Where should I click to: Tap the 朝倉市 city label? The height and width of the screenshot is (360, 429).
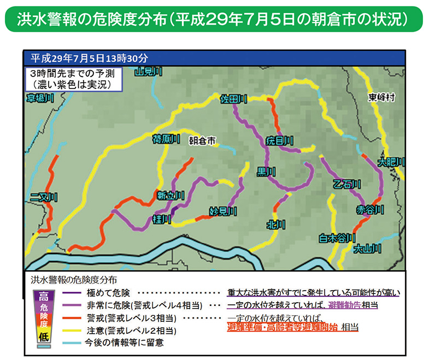(202, 140)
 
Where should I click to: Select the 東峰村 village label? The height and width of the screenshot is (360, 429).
(381, 98)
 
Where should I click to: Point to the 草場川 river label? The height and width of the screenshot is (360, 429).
(40, 98)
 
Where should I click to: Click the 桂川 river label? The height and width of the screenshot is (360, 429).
(162, 219)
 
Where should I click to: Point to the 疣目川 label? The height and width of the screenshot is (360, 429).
(279, 141)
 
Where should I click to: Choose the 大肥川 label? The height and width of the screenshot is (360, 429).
(391, 162)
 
